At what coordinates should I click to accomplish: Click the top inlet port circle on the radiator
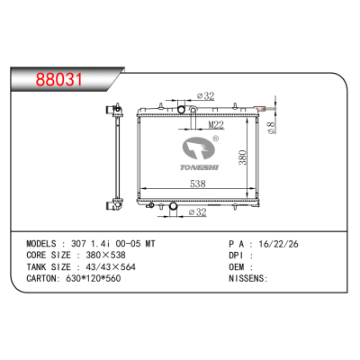(x=180, y=111)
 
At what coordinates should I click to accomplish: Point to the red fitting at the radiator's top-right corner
(x=262, y=109)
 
